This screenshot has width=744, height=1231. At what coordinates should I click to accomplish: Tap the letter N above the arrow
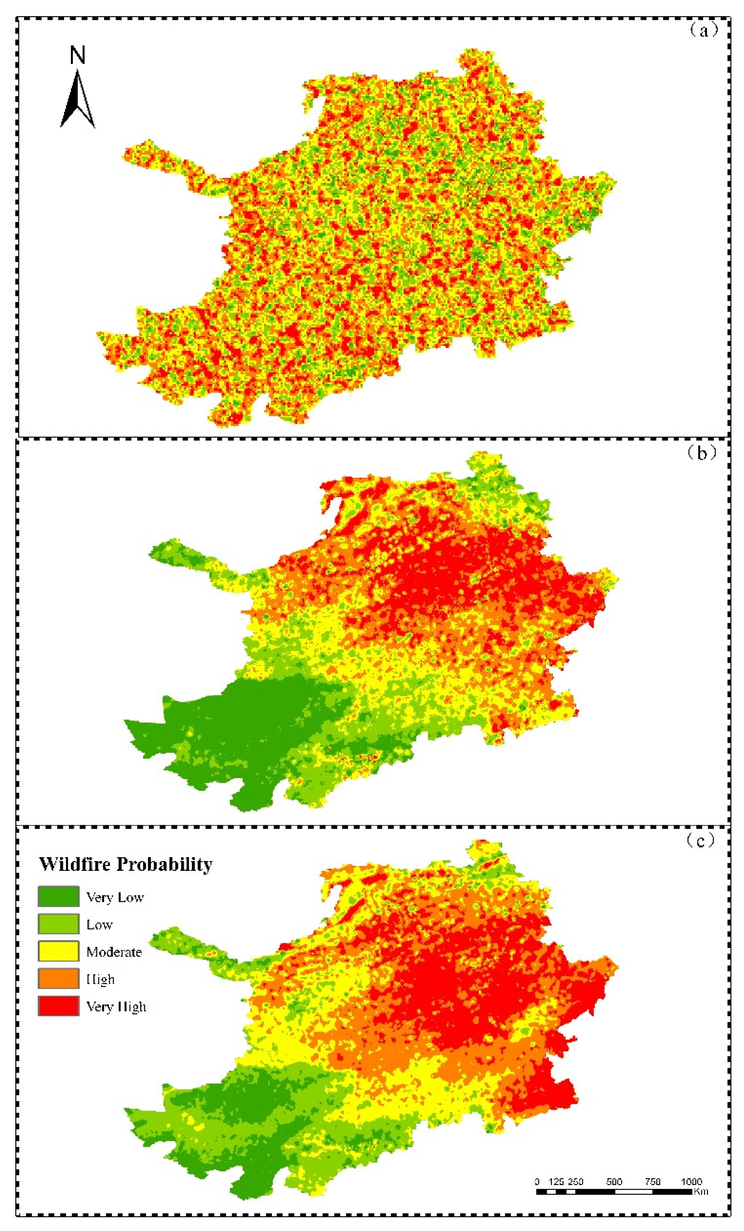[x=77, y=55]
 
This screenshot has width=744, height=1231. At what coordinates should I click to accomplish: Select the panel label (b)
[x=702, y=453]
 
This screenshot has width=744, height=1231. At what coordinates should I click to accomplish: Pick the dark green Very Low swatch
[x=58, y=896]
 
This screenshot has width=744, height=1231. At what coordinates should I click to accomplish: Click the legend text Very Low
[x=115, y=897]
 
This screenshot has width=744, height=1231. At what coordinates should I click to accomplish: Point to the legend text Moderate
[x=114, y=952]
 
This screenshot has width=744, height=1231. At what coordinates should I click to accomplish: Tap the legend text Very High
[x=116, y=1007]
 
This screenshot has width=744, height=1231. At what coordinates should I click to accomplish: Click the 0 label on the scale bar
[x=537, y=1181]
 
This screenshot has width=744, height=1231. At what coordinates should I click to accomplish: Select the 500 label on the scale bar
[x=614, y=1181]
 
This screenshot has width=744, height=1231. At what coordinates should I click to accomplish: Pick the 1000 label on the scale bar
[x=691, y=1181]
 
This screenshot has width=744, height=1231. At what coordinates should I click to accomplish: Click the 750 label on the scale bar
[x=652, y=1181]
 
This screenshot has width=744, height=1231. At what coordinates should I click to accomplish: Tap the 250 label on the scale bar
[x=576, y=1181]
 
